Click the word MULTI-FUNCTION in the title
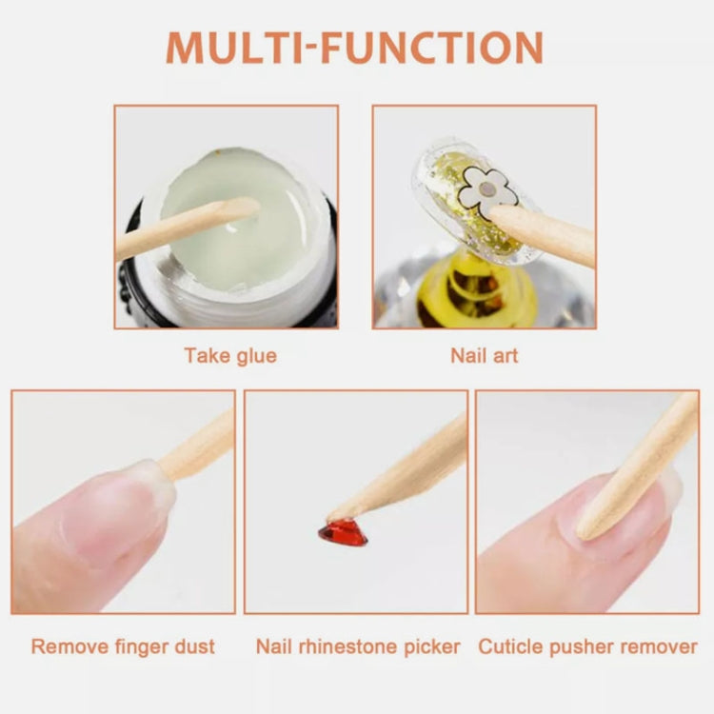click(x=355, y=48)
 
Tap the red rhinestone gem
click(x=343, y=532)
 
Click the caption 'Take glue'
click(x=230, y=356)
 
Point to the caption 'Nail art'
click(x=484, y=356)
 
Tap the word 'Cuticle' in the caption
click(x=512, y=646)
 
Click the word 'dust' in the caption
click(x=194, y=646)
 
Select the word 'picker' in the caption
click(x=433, y=646)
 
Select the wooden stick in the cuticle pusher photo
click(x=638, y=466)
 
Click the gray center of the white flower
click(x=487, y=189)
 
